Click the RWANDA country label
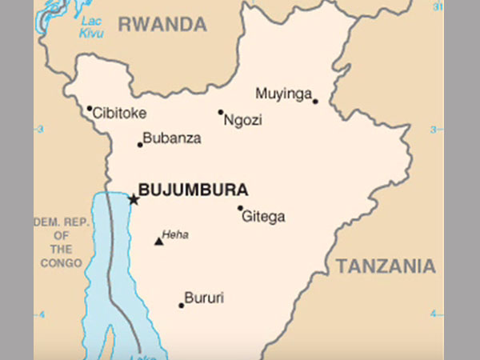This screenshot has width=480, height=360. coord(162,25)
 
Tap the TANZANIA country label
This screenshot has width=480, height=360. coord(386,266)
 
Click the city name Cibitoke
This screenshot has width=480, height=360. coord(119,114)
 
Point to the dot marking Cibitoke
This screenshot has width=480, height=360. coord(90,108)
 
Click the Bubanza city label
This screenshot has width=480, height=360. coord(173,138)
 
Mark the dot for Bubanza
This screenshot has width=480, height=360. coord(140,145)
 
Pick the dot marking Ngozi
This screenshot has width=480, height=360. coord(221,112)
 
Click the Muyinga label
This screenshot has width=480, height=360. coord(283,94)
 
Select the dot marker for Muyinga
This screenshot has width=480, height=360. coord(315,102)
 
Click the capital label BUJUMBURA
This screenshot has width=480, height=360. coord(193,190)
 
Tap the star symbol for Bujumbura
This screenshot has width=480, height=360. coord(133,199)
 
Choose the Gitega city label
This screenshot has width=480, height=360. coord(262,217)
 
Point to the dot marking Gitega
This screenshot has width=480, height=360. coord(240,209)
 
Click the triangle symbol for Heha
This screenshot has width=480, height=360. coord(158,240)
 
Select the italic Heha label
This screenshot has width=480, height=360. coord(174,234)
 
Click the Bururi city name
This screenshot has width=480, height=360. coord(204,298)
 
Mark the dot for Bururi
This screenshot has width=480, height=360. coord(182,305)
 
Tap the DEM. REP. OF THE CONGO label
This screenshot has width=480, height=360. coord(58,242)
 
